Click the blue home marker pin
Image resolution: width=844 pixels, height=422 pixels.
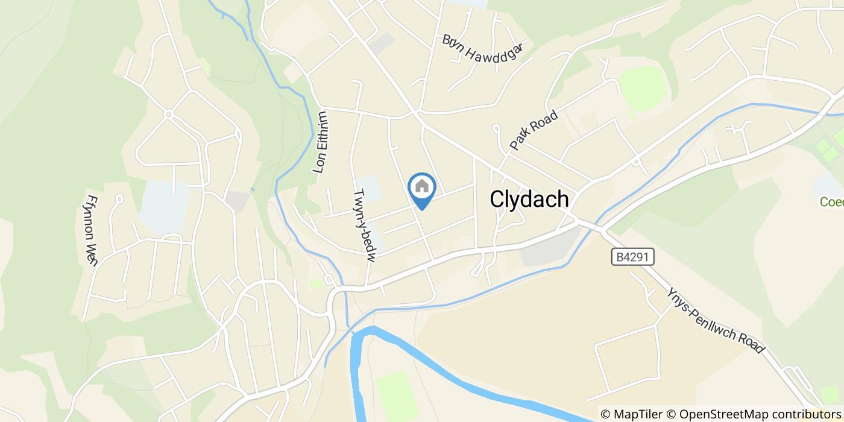pos(422,191)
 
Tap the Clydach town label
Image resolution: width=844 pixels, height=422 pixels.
pos(530,199)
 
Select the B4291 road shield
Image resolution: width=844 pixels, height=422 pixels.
pos(632,257)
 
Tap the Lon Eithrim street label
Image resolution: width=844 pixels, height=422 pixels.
pos(321,143)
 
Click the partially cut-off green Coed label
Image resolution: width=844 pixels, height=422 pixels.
pos(832,202)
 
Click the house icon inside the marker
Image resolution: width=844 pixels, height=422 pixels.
pos(422,186)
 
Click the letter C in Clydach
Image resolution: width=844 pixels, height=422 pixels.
pos(497,199)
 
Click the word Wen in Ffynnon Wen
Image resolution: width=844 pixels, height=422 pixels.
pos(92,254)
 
